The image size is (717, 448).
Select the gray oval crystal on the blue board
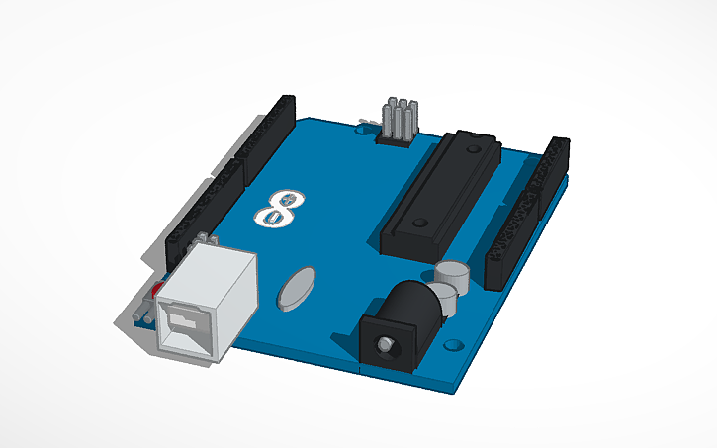pyautogui.click(x=297, y=288)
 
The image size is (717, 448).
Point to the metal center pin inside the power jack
pyautogui.click(x=382, y=345)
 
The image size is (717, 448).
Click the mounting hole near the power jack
pyautogui.click(x=454, y=346)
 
